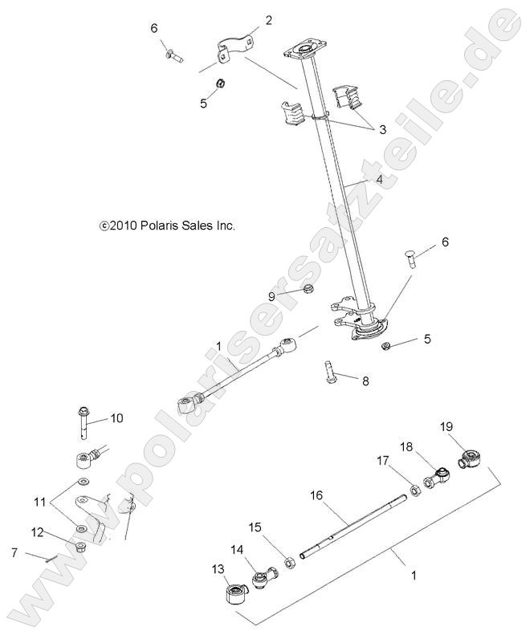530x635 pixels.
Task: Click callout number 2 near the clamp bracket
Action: [268, 20]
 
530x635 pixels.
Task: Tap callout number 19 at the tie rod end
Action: [446, 427]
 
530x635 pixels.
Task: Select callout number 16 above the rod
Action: [316, 497]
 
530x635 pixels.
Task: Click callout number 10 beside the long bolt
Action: [117, 417]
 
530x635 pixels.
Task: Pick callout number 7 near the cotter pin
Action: [13, 552]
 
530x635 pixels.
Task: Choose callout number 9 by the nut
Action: [271, 296]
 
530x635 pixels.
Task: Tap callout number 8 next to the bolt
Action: [365, 381]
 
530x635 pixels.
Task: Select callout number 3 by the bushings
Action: [382, 128]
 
